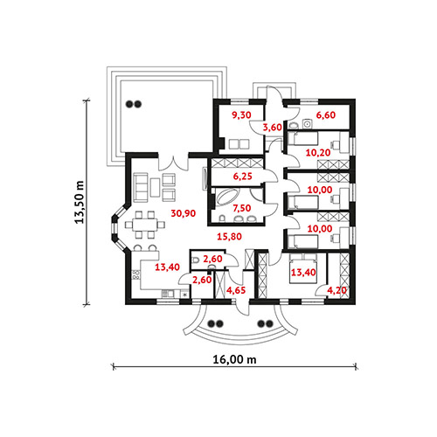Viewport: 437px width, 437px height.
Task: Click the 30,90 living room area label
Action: coord(184,213)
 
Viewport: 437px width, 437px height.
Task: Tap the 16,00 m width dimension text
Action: coord(235,359)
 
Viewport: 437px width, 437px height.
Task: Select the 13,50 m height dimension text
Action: coord(80,202)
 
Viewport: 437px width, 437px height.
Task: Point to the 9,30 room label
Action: coord(241,115)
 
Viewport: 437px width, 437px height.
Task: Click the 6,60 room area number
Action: coord(326,115)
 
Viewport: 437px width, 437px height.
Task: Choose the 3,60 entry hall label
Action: coord(273,128)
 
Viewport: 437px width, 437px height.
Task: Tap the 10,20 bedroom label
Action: coord(318,152)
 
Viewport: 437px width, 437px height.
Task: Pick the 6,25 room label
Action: coord(242,177)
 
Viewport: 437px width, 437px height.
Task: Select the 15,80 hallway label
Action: coord(230,237)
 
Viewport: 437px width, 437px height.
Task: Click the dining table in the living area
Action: coord(145,225)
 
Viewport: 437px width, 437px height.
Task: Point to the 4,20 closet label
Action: coord(337,290)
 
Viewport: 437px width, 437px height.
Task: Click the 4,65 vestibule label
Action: coord(236,290)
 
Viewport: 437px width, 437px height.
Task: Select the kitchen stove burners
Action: coord(135,275)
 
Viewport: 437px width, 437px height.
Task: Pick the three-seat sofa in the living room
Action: coord(141,187)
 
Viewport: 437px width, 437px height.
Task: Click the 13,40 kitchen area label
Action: coord(167,267)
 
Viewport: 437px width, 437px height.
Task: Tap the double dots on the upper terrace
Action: coord(134,104)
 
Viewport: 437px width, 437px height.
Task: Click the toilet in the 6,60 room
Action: coord(294,126)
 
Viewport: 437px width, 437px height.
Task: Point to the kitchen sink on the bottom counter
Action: coord(167,294)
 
